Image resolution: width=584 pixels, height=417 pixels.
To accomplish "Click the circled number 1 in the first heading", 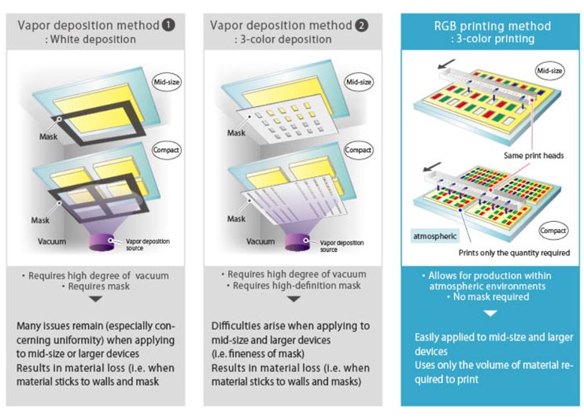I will click(x=168, y=24).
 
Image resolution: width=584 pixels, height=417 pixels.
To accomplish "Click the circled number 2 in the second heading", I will click(x=361, y=24).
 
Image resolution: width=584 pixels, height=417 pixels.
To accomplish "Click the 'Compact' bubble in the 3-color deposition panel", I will click(x=357, y=149).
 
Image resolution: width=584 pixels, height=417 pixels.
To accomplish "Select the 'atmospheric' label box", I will click(x=434, y=234).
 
